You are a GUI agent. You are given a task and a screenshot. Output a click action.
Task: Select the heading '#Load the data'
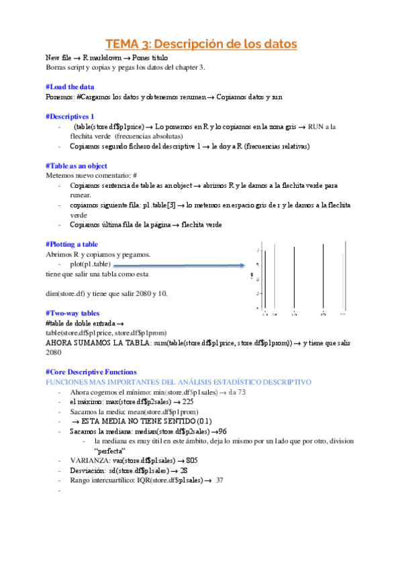tap(70, 87)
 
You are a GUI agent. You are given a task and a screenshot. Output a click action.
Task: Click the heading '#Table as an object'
tap(77, 165)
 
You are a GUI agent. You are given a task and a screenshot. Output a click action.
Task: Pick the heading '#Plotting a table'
tap(72, 244)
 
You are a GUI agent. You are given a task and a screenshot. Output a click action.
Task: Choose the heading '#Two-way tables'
tap(72, 313)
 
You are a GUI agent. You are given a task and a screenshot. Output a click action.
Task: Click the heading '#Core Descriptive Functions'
tap(91, 371)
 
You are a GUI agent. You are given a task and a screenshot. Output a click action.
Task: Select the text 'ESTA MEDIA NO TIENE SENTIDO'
tap(140, 421)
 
